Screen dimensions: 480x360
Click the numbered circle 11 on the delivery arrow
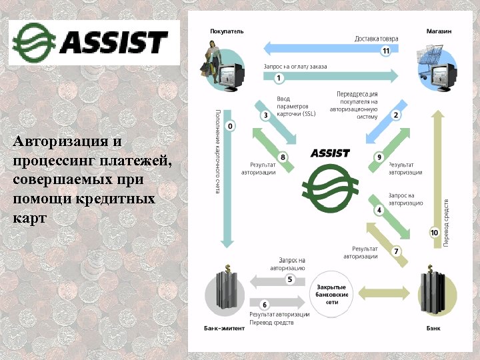pos(385,51)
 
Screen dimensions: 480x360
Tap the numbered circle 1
pos(279,78)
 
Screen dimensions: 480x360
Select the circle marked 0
pos(231,126)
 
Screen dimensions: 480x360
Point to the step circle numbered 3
pos(265,115)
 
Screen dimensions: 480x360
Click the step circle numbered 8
pos(283,157)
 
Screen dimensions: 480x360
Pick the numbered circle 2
pos(395,115)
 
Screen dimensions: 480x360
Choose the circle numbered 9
pos(379,157)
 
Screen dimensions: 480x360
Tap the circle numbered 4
pos(379,210)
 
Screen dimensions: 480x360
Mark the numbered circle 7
pos(396,251)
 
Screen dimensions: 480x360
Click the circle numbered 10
pos(434,233)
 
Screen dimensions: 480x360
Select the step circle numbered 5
pos(290,279)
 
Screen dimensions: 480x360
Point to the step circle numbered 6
pos(264,304)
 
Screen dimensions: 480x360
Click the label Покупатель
pos(227,31)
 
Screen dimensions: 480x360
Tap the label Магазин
pos(439,31)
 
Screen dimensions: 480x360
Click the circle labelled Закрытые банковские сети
pos(331,292)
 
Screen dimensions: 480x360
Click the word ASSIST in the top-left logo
pos(113,42)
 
